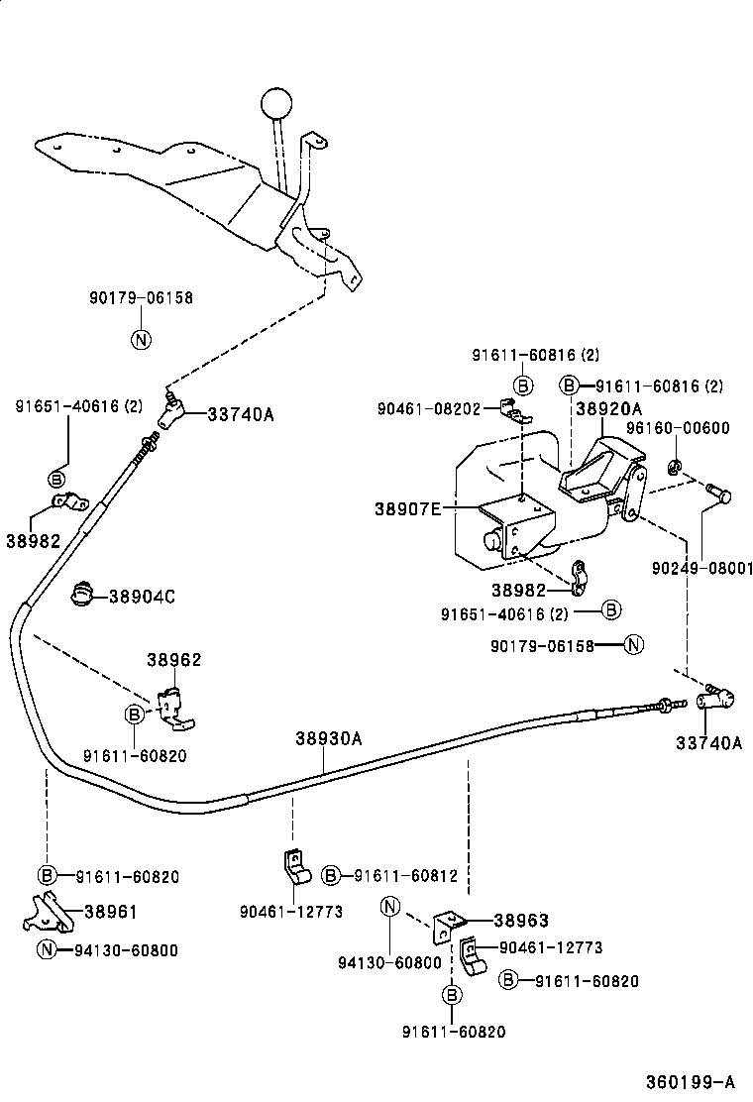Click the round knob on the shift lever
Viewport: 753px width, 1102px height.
[278, 103]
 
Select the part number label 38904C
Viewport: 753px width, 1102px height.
[142, 597]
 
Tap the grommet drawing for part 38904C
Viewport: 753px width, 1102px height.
[84, 595]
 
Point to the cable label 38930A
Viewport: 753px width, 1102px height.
[328, 738]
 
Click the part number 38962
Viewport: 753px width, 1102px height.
[173, 659]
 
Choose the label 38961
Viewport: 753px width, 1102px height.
[110, 913]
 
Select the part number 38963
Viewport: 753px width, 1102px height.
[520, 921]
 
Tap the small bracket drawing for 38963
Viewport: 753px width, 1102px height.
[449, 926]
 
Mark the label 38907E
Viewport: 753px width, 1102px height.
[407, 508]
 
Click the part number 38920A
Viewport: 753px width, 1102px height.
[608, 408]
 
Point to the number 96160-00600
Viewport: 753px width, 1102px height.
[678, 428]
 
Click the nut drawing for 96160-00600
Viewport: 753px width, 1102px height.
[674, 465]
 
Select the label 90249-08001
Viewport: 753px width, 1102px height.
[702, 569]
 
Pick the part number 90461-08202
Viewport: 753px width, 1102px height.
[429, 408]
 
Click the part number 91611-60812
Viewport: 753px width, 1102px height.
[405, 875]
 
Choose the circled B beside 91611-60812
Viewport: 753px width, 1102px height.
[331, 875]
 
